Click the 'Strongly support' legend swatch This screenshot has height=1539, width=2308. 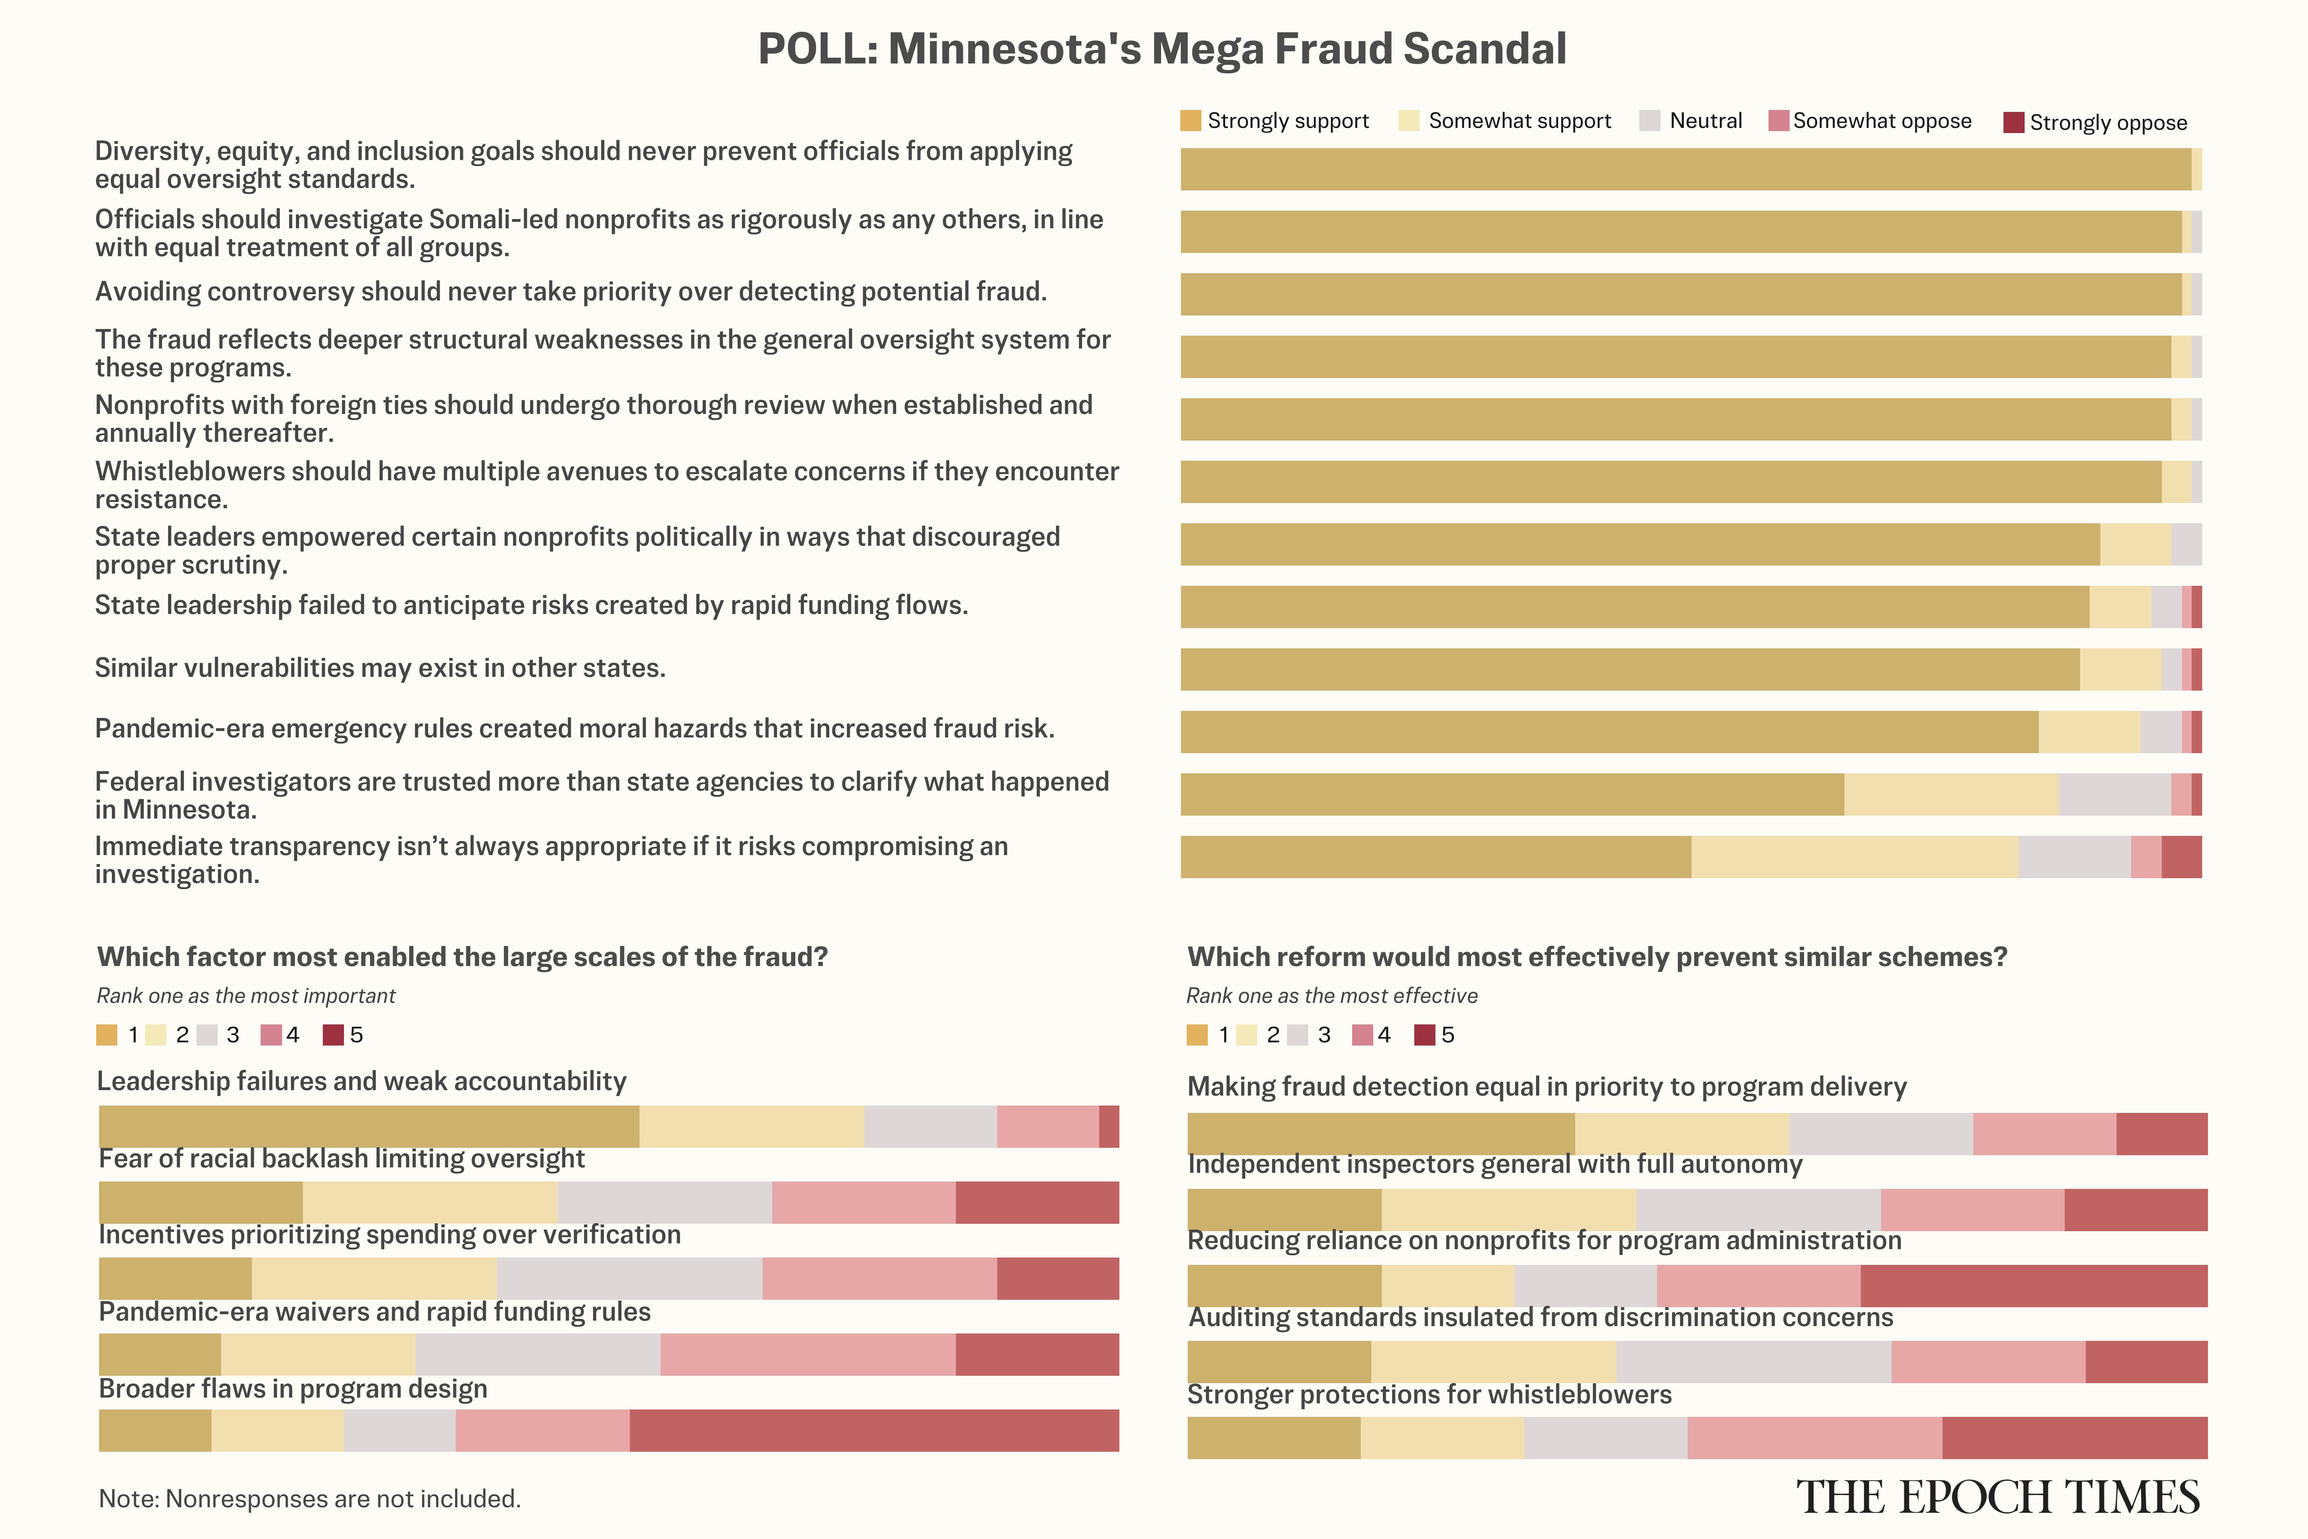1190,121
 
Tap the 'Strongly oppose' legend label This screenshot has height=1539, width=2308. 2108,123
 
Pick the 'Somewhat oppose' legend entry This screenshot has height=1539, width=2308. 1881,121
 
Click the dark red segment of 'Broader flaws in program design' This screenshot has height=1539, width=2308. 873,1430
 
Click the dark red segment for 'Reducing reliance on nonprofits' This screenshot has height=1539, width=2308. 2033,1286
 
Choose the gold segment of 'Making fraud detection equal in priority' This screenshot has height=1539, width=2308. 1381,1134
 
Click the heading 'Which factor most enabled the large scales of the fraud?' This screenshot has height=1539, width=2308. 462,957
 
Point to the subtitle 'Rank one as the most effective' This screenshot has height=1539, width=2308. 1332,995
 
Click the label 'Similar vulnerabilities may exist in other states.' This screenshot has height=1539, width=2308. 380,668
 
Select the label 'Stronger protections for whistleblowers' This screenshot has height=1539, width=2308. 1429,1395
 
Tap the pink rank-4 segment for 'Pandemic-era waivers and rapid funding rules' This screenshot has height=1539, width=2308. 807,1354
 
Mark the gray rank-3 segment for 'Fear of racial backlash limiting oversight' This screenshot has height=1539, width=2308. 664,1202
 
